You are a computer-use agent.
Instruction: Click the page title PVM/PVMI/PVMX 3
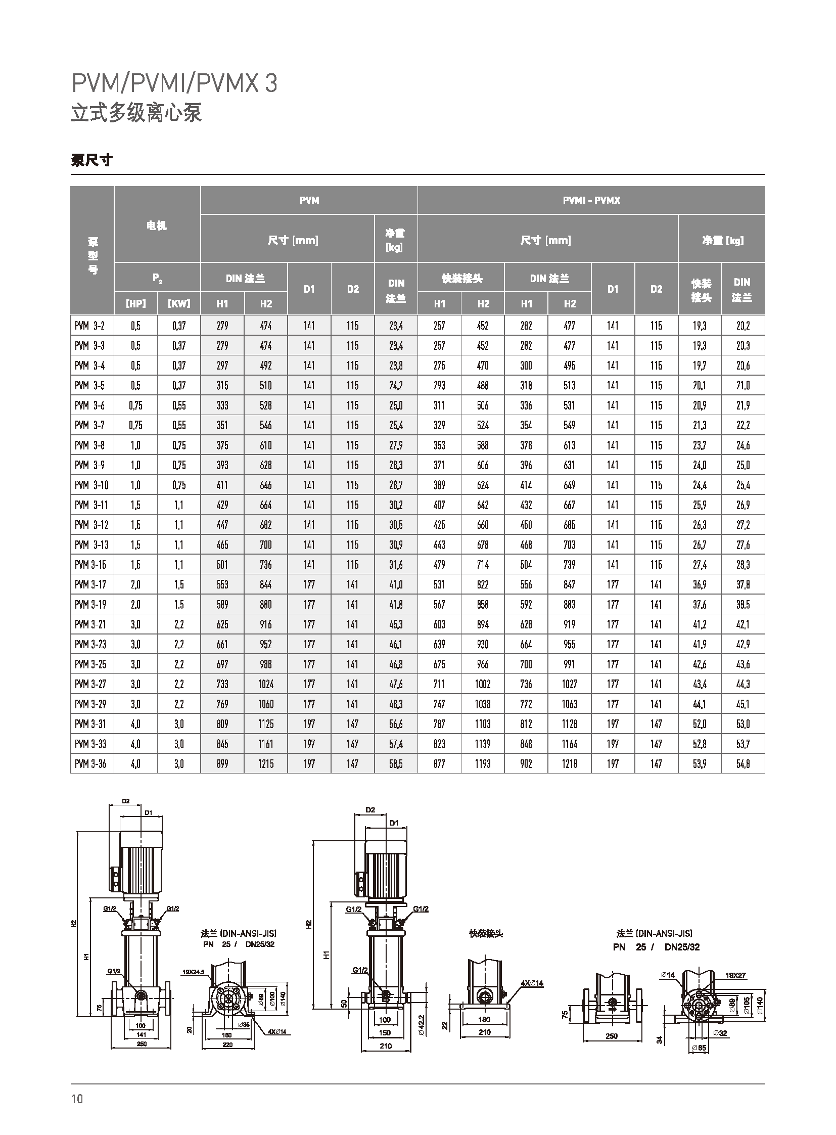(174, 83)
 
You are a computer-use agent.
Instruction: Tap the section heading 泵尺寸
(91, 161)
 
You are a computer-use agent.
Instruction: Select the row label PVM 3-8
(90, 445)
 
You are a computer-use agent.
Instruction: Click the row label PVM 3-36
(90, 764)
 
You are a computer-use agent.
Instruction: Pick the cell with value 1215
(266, 764)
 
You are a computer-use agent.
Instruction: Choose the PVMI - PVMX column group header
(591, 201)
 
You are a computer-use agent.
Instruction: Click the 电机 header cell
(157, 226)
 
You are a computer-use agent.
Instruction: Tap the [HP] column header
(135, 304)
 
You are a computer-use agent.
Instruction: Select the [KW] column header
(179, 304)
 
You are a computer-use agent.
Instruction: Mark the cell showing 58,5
(396, 764)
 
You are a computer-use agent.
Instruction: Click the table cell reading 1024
(266, 685)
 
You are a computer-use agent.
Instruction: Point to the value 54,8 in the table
(743, 764)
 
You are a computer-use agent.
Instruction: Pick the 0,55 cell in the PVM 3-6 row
(179, 405)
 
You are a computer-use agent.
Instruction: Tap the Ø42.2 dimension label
(421, 1024)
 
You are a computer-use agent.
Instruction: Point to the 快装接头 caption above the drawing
(486, 933)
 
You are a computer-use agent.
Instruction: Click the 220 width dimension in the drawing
(228, 1045)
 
